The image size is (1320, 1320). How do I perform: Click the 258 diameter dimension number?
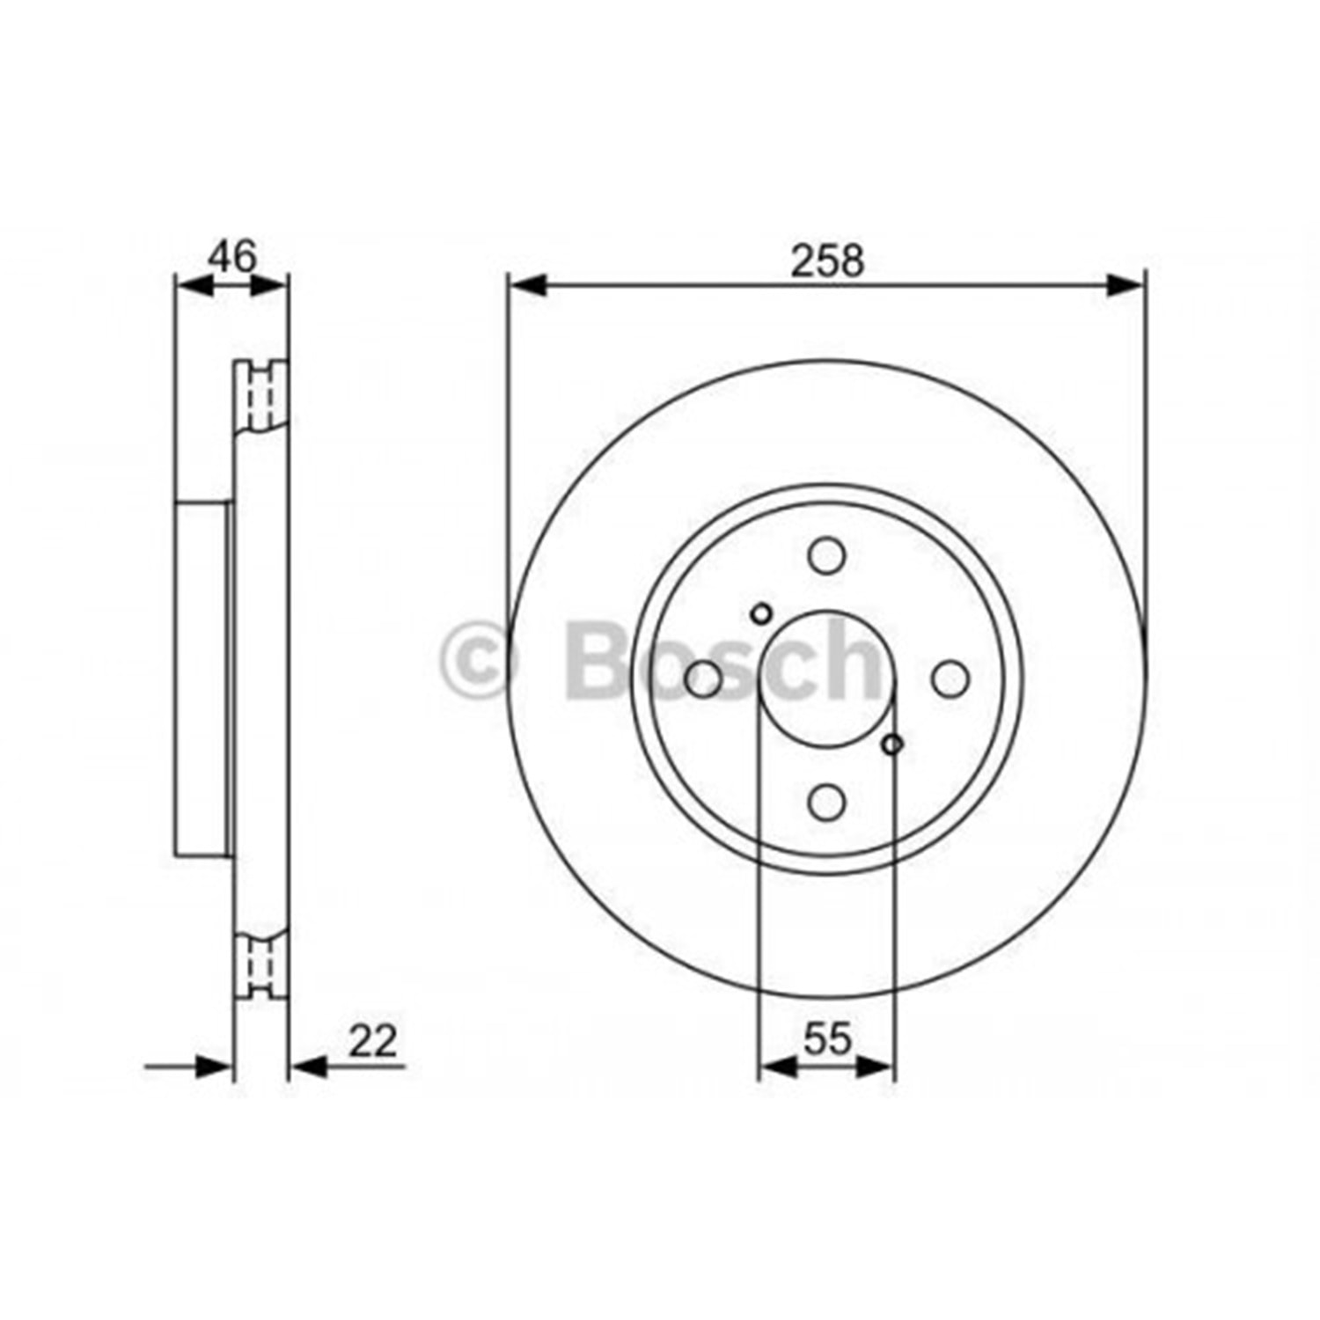(828, 260)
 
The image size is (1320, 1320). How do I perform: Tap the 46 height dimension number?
(232, 256)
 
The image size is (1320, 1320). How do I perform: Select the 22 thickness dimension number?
(373, 1041)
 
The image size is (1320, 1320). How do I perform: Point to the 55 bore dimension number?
(828, 1039)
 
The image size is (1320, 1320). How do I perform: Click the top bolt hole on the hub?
(826, 556)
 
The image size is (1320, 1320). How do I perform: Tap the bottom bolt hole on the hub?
(826, 801)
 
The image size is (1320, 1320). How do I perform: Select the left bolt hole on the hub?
(703, 678)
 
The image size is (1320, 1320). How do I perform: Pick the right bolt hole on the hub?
(950, 678)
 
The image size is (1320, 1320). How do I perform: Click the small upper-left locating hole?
(761, 613)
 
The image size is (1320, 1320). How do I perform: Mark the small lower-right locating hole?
(892, 744)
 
